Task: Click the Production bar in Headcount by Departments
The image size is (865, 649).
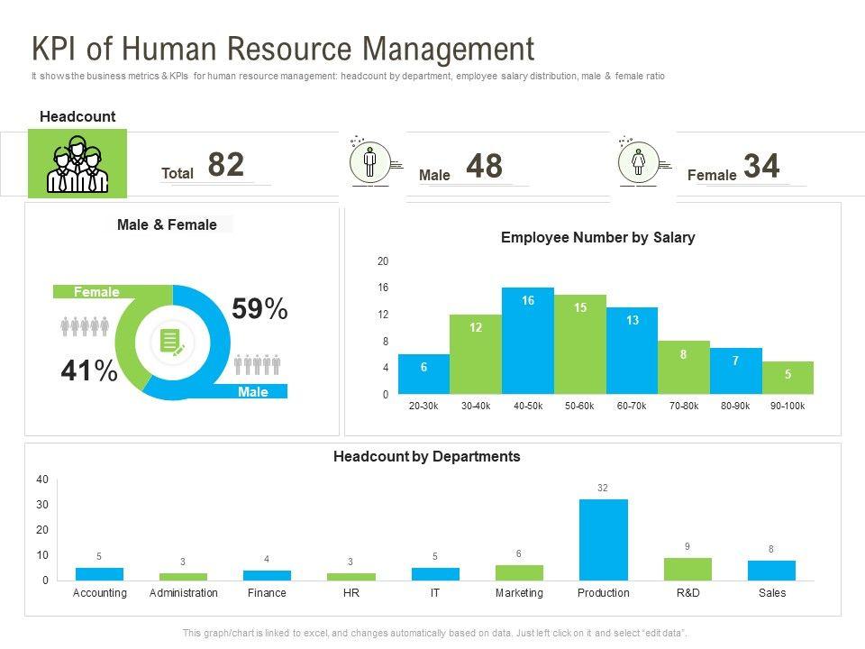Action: [603, 539]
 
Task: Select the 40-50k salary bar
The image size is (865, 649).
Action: [527, 341]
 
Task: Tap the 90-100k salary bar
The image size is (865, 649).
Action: [788, 378]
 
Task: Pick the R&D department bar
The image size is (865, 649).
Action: [687, 569]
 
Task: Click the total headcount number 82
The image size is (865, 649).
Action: [226, 165]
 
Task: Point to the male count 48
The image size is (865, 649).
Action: [485, 166]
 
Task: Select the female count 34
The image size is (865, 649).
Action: [761, 166]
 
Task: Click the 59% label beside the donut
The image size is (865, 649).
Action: [259, 309]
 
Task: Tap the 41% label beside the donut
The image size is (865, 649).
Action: [89, 370]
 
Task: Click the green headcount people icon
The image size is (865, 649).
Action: [77, 164]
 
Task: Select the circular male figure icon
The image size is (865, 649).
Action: [369, 162]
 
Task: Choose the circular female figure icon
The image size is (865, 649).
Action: [638, 162]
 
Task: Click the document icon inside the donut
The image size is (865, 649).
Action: [172, 342]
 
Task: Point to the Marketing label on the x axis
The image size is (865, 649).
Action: [519, 593]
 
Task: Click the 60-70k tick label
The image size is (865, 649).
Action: [632, 407]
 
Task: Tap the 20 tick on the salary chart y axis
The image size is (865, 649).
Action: [383, 261]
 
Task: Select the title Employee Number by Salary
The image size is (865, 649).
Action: [597, 238]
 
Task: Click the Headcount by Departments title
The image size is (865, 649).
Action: [426, 457]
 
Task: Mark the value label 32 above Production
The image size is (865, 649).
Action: [603, 488]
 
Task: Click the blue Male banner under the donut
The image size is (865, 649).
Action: [253, 392]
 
